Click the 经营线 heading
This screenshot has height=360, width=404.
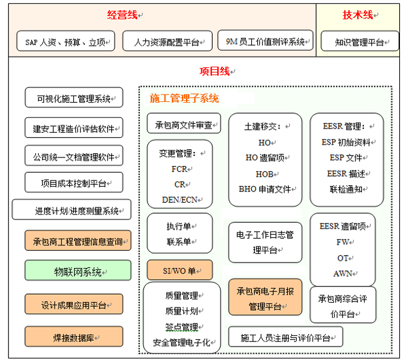pyautogui.click(x=122, y=15)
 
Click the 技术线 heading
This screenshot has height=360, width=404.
pyautogui.click(x=357, y=15)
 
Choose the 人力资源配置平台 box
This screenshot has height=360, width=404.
pyautogui.click(x=168, y=41)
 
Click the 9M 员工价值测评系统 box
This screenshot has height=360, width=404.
pyautogui.click(x=265, y=41)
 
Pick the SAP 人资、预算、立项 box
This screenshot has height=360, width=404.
pyautogui.click(x=65, y=41)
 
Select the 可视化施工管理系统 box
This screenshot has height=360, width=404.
pyautogui.click(x=74, y=99)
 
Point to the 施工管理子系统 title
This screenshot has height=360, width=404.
pyautogui.click(x=184, y=98)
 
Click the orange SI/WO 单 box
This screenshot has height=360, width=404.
pyautogui.click(x=180, y=271)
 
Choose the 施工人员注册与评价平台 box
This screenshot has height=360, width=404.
pyautogui.click(x=285, y=337)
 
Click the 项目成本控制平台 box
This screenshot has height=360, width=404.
pyautogui.click(x=74, y=183)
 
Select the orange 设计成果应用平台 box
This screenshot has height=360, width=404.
pyautogui.click(x=74, y=305)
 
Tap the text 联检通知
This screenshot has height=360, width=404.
pyautogui.click(x=345, y=189)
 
